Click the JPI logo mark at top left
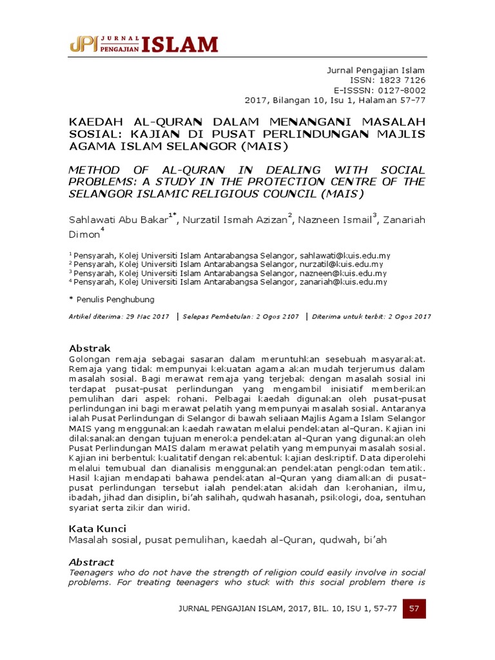84,44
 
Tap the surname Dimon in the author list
83,235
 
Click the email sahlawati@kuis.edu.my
344,255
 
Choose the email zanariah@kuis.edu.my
344,282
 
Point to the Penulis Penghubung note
115,300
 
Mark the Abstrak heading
90,348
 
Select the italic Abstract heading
91,562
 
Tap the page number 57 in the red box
414,609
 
